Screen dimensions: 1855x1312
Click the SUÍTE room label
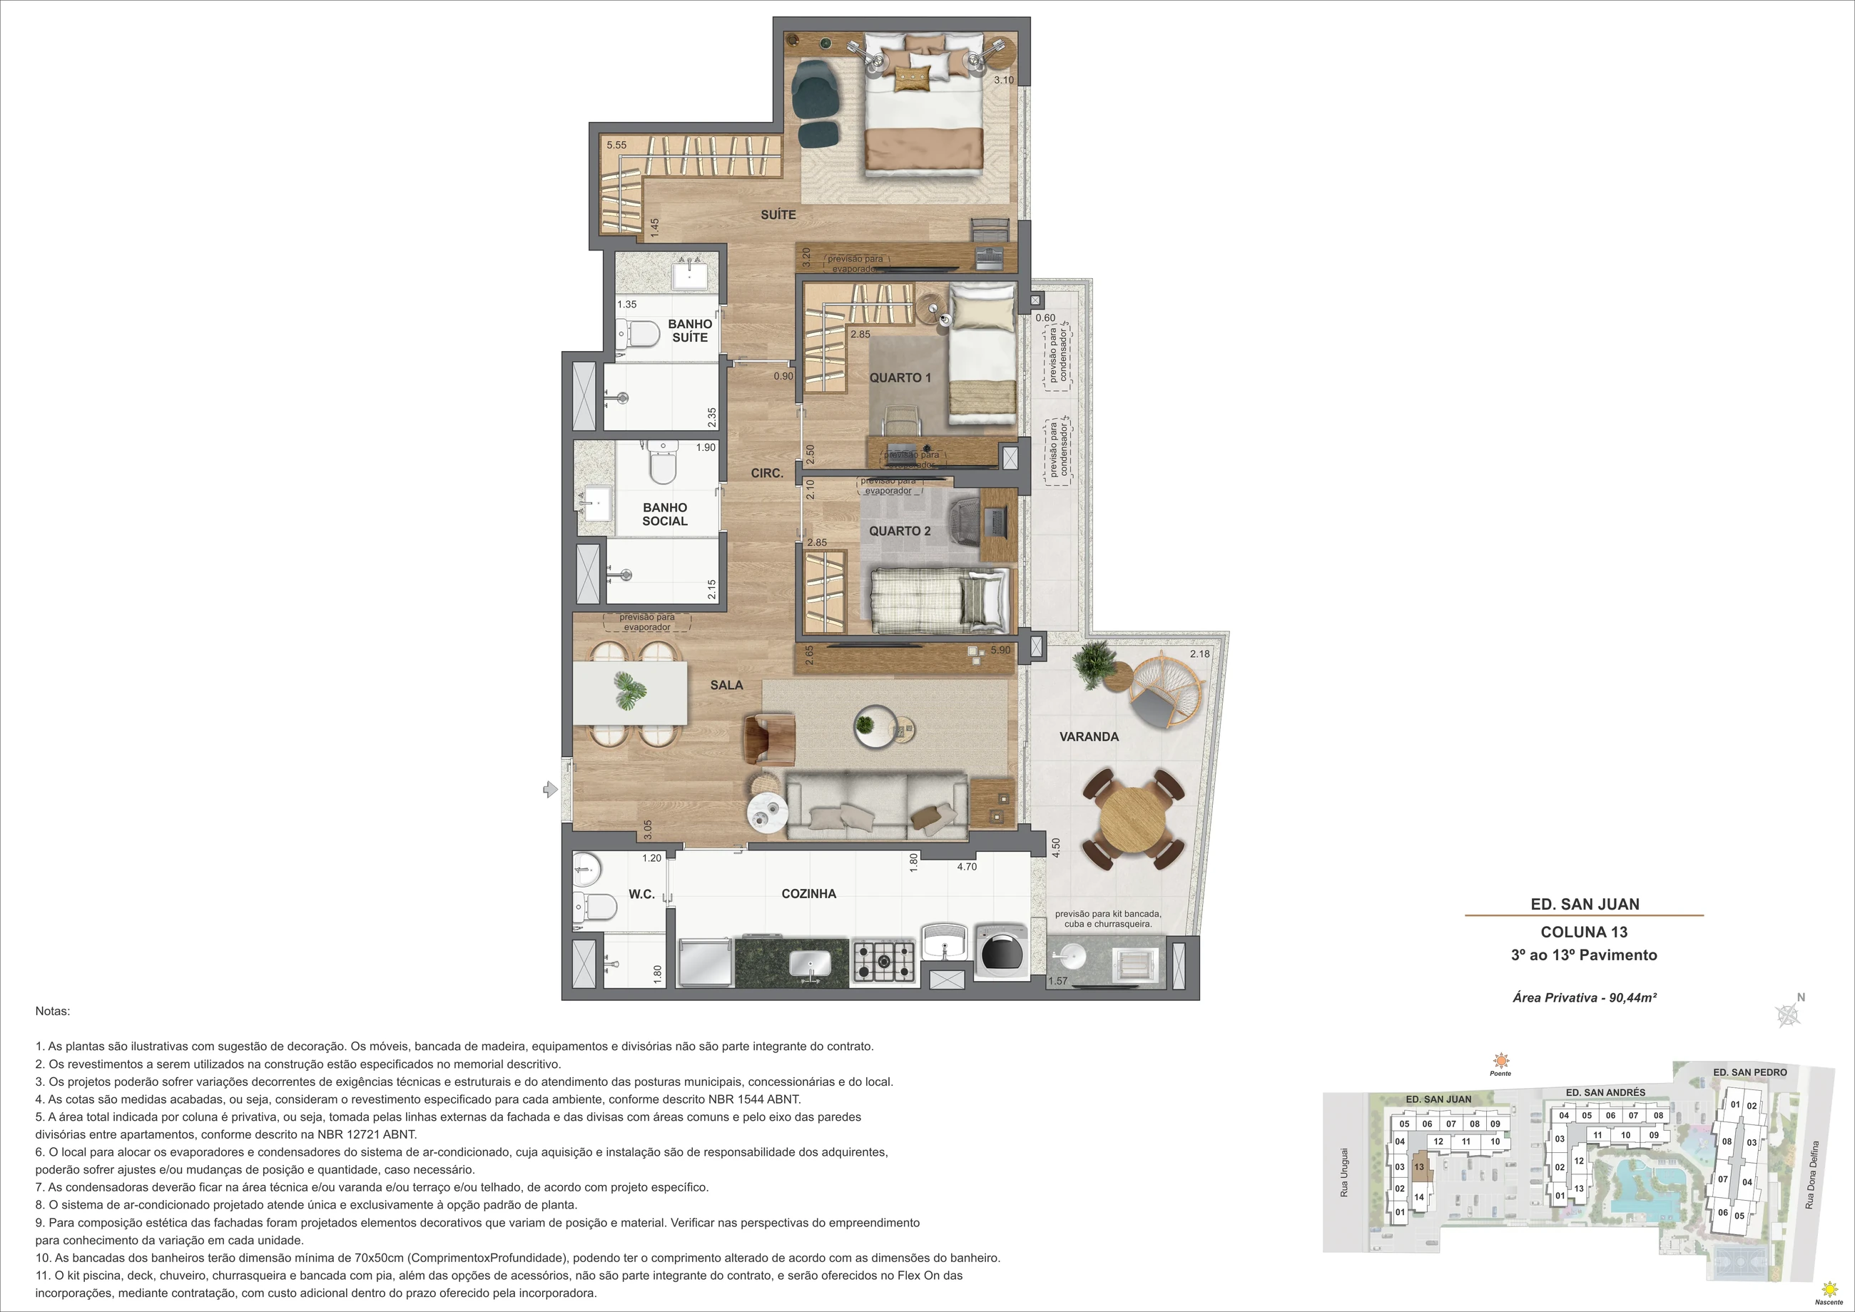click(778, 215)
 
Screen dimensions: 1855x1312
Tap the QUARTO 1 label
click(900, 378)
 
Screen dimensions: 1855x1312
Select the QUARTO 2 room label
click(900, 532)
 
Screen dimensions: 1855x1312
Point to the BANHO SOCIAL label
click(665, 514)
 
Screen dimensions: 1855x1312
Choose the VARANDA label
click(1089, 737)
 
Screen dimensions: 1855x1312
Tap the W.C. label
click(641, 895)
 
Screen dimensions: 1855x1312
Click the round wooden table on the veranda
click(1133, 818)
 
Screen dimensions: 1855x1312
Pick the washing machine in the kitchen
click(1000, 952)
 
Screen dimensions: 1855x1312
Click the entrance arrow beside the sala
click(550, 789)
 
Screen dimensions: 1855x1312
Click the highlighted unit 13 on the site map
click(1420, 1167)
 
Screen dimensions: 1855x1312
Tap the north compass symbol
click(1788, 1014)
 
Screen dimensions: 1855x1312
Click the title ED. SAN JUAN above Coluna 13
click(1585, 905)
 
